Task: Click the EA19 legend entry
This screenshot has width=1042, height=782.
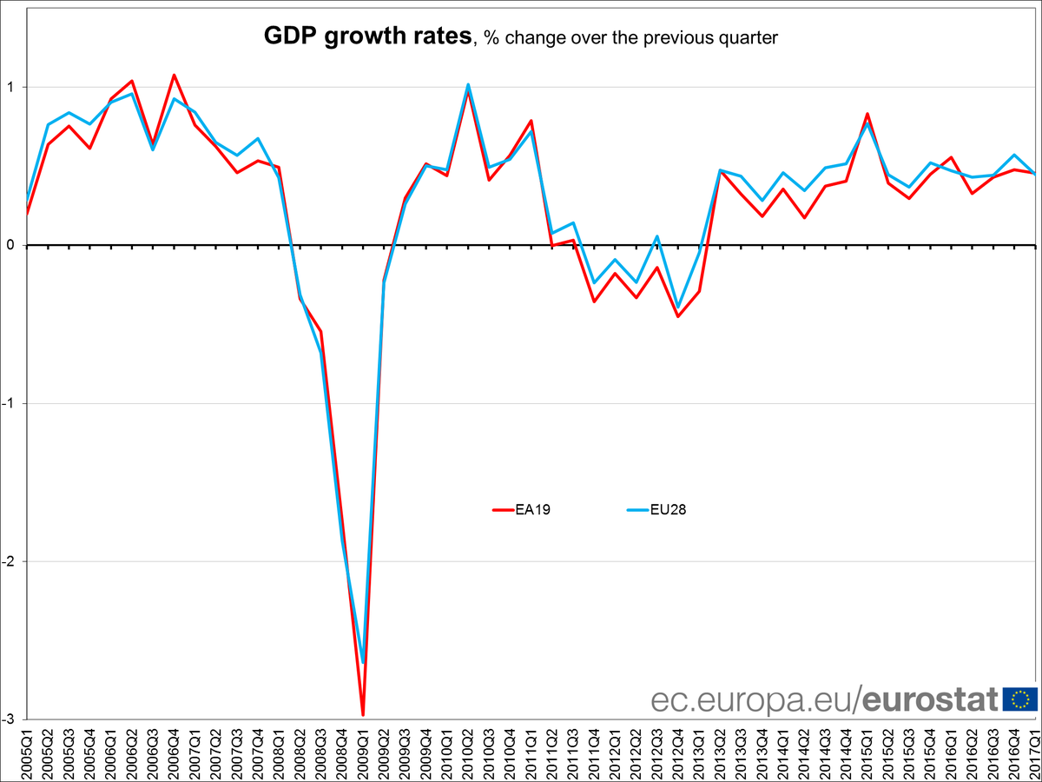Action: (522, 510)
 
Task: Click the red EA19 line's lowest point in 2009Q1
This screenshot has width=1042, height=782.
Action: (363, 715)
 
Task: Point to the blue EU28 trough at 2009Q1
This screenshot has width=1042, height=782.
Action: (363, 662)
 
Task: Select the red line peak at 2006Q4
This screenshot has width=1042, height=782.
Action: (174, 75)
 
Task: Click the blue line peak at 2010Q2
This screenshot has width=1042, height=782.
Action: (468, 84)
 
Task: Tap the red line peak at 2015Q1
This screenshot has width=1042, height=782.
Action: (867, 114)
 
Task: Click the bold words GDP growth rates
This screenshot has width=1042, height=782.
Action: (368, 36)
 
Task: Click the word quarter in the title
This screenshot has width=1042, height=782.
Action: (751, 38)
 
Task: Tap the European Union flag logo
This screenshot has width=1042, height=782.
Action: (1020, 699)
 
